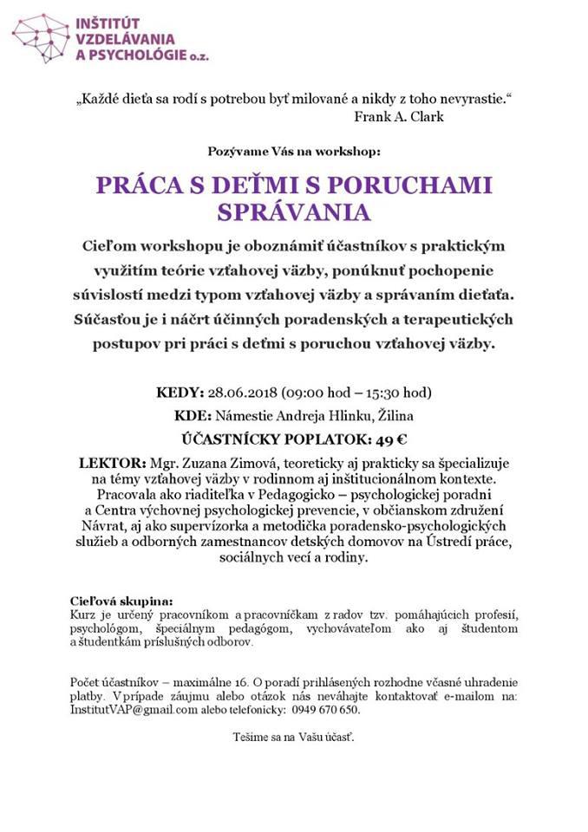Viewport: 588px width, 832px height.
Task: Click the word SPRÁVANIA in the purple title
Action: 293,213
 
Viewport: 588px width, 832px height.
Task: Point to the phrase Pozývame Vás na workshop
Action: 294,151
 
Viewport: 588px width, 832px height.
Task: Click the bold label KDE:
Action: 193,414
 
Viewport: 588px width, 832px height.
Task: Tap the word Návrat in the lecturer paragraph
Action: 105,526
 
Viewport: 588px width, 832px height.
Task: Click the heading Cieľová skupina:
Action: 121,601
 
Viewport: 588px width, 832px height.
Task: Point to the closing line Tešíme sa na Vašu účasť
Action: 294,737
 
